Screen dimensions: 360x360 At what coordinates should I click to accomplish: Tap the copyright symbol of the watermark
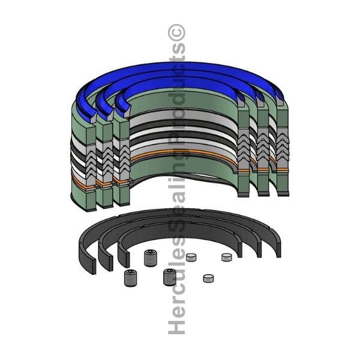pyautogui.click(x=176, y=33)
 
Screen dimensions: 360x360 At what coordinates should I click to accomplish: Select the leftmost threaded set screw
pyautogui.click(x=131, y=278)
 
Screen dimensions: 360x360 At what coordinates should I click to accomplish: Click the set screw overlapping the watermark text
pyautogui.click(x=170, y=277)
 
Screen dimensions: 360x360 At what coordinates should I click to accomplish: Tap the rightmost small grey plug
pyautogui.click(x=227, y=257)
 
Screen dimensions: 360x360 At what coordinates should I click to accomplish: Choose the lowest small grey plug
pyautogui.click(x=208, y=278)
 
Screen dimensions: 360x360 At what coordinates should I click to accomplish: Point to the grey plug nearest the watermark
pyautogui.click(x=191, y=257)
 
